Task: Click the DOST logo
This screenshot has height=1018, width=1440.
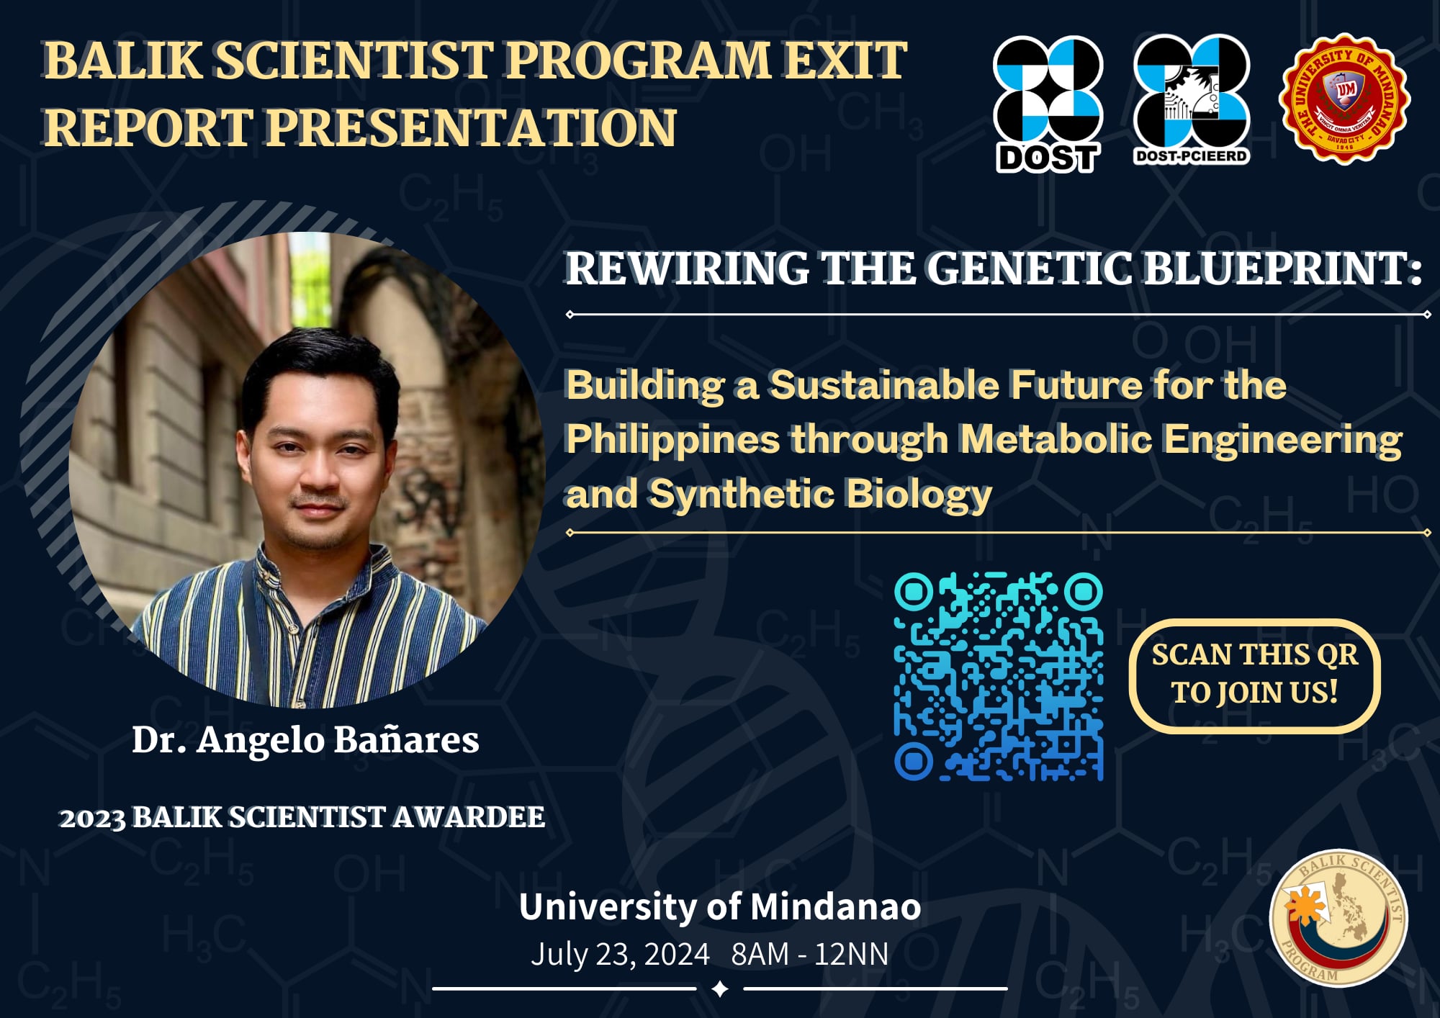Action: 1048,104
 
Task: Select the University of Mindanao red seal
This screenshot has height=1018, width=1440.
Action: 1344,99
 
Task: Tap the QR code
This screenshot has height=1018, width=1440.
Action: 999,677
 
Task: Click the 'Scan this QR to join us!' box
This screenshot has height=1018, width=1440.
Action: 1254,675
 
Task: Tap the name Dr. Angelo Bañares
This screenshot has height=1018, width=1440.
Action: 305,739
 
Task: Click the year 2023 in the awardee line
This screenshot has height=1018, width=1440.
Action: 92,819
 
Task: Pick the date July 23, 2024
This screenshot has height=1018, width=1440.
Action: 620,954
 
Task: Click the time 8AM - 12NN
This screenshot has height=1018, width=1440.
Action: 810,954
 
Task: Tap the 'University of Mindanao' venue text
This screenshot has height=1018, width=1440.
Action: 719,906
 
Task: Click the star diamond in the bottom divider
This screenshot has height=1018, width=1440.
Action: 719,989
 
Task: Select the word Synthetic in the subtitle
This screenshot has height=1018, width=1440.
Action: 742,494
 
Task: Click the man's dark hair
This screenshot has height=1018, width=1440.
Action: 317,367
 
